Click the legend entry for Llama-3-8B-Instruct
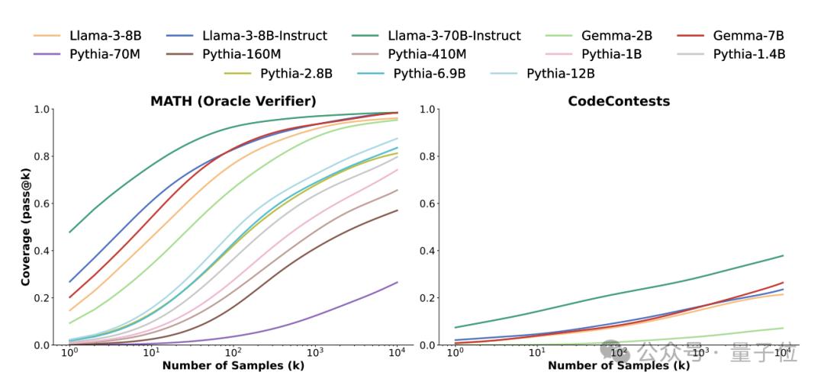tap(264, 36)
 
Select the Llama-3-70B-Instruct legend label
tap(454, 36)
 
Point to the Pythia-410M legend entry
tap(426, 54)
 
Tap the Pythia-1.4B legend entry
tap(748, 54)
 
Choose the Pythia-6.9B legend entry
tap(430, 73)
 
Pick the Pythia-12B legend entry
tap(560, 73)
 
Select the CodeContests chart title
tap(619, 101)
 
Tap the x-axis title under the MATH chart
tap(234, 366)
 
